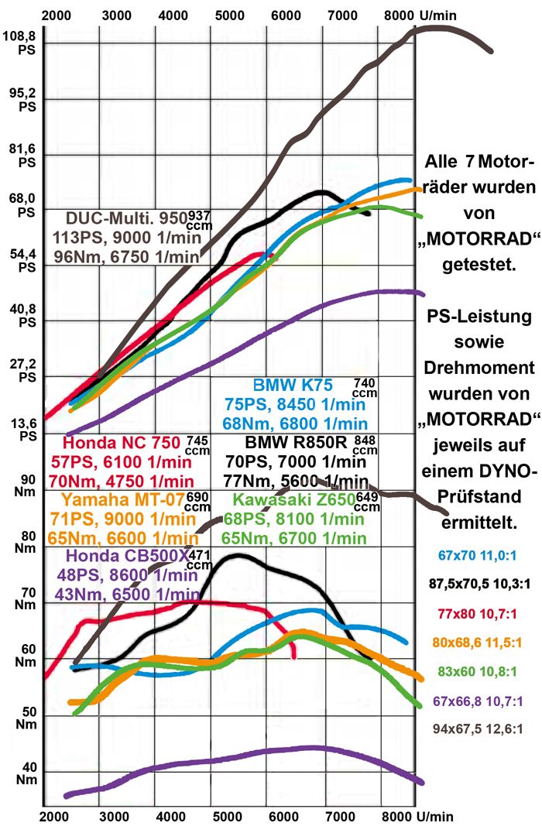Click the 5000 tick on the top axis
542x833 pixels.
232,14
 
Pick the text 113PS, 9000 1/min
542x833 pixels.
128,237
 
